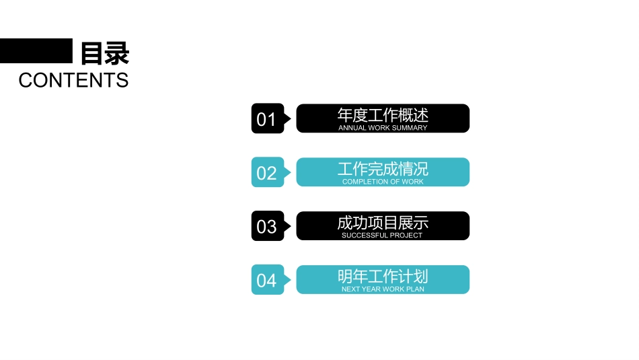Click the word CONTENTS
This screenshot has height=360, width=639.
[73, 80]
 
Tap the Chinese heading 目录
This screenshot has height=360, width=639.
[105, 53]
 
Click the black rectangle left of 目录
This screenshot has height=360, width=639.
[36, 51]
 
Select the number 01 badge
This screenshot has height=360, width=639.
[267, 119]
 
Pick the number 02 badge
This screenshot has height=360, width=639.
[267, 173]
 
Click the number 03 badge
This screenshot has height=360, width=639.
[267, 227]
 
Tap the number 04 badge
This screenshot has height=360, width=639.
[267, 281]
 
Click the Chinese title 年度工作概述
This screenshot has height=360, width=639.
[383, 115]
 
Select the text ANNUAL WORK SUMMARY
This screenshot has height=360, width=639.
[383, 128]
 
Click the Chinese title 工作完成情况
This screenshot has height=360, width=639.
[383, 169]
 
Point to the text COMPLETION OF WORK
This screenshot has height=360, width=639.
[383, 182]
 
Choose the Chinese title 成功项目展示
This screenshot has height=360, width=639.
[383, 223]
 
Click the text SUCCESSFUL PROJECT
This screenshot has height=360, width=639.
[382, 236]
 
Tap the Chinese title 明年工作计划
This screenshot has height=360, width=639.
[383, 276]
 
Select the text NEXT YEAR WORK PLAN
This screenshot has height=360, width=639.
[383, 289]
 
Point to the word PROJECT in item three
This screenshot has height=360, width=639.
[406, 236]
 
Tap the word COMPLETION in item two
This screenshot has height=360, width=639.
[363, 182]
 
